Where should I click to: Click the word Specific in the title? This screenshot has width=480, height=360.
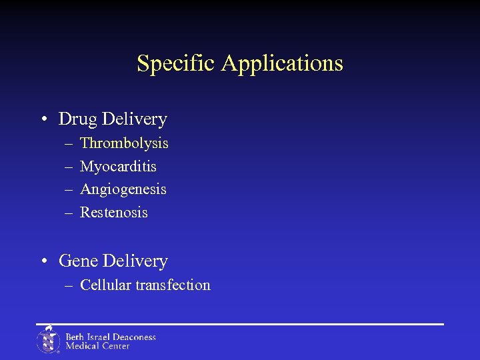(177, 63)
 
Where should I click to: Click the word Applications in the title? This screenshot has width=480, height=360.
(282, 64)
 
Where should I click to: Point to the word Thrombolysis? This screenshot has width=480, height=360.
(124, 143)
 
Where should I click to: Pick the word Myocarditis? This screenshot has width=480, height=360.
(118, 166)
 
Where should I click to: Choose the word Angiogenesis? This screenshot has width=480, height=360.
(123, 190)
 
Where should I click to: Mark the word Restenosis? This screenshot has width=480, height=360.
(114, 213)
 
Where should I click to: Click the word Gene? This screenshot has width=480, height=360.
(79, 261)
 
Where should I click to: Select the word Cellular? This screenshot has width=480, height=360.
(105, 285)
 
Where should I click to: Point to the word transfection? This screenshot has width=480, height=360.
(173, 285)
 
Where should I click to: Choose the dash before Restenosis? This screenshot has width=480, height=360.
(69, 213)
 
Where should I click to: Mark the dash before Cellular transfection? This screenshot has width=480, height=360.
(69, 286)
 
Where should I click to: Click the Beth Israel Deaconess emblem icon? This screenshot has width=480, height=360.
(48, 340)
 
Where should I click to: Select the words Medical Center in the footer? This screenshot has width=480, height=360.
(97, 346)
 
